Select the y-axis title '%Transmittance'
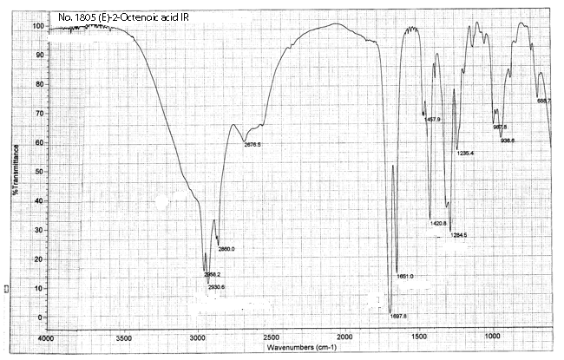click(15, 165)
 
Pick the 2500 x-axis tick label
click(271, 337)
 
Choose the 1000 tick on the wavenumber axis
click(492, 337)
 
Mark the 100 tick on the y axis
click(37, 25)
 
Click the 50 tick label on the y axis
click(39, 171)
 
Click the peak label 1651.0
click(405, 277)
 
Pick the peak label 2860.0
click(226, 249)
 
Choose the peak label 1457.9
click(433, 120)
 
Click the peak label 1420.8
click(437, 224)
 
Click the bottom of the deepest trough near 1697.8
click(390, 311)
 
